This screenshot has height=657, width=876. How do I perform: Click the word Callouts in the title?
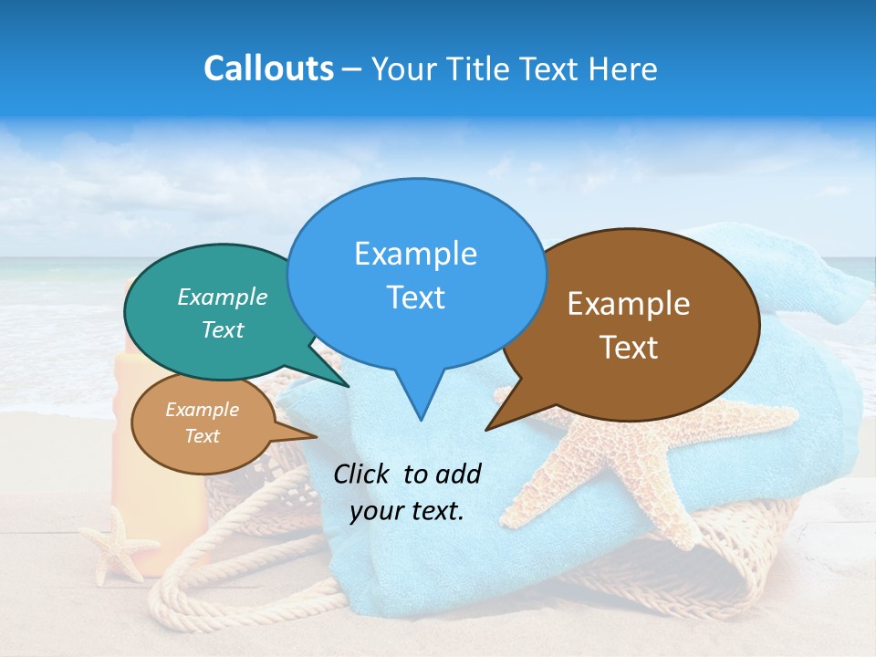coord(268,68)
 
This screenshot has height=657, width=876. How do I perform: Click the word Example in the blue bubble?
coord(415,254)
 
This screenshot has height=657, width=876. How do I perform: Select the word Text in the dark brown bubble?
coord(629,348)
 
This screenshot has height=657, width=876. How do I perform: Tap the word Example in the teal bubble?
coord(223,297)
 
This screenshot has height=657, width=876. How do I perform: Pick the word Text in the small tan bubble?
coord(202,436)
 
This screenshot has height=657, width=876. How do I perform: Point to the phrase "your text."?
coord(407,511)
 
